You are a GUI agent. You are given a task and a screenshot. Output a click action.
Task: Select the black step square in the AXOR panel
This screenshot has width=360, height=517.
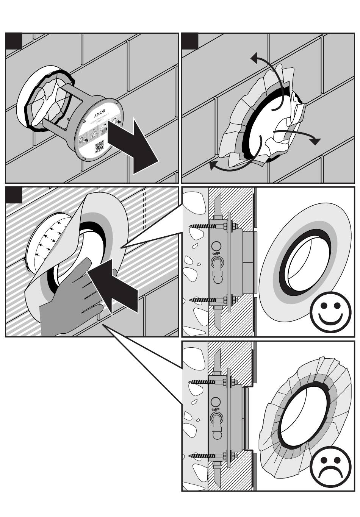(14, 41)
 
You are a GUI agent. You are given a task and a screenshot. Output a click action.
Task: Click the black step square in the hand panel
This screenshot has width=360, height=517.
(14, 195)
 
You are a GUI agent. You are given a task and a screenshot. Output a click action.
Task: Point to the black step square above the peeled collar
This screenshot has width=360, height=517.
(190, 41)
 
